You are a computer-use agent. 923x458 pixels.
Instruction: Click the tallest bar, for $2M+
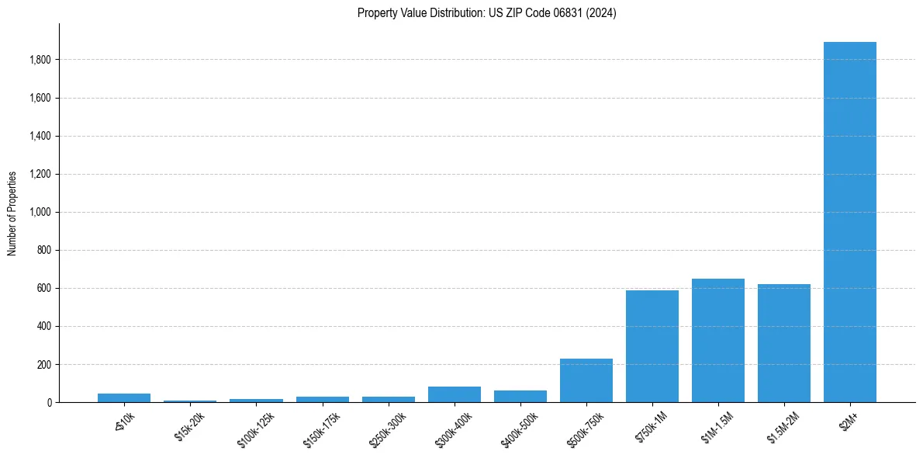[x=849, y=222]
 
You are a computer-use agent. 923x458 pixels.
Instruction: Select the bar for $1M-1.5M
[x=717, y=340]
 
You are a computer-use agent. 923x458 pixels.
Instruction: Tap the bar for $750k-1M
[x=652, y=346]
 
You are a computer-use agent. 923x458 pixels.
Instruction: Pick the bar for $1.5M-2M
[x=783, y=343]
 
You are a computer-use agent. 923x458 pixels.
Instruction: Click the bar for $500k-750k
[x=586, y=380]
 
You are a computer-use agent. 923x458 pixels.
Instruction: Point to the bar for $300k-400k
[x=454, y=394]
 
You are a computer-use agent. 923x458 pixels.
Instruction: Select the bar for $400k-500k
[x=520, y=396]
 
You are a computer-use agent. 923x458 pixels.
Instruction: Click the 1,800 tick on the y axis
[x=40, y=60]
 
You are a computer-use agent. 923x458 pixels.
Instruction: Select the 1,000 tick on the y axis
[x=40, y=212]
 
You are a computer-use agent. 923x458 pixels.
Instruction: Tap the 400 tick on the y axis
[x=43, y=326]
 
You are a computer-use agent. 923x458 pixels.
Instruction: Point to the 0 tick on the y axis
[x=49, y=402]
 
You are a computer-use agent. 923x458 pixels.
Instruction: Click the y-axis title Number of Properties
[x=12, y=213]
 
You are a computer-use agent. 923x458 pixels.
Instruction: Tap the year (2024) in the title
[x=602, y=13]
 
